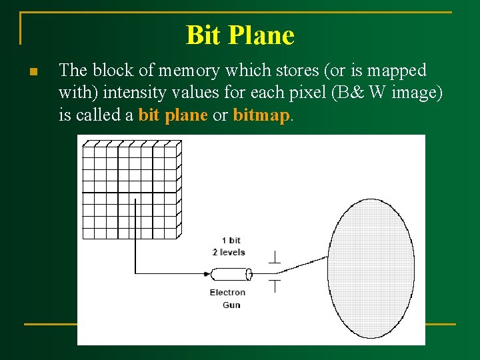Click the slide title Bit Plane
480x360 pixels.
240,35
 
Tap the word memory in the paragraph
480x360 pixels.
171,71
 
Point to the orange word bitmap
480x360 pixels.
261,115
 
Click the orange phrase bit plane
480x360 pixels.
173,115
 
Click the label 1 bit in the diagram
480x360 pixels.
231,240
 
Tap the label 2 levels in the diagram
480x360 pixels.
229,252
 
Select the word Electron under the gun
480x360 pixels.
227,293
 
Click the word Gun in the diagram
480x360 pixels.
231,305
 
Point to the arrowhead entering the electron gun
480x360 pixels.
206,274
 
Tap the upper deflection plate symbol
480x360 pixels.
273,257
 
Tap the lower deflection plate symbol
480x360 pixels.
273,286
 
